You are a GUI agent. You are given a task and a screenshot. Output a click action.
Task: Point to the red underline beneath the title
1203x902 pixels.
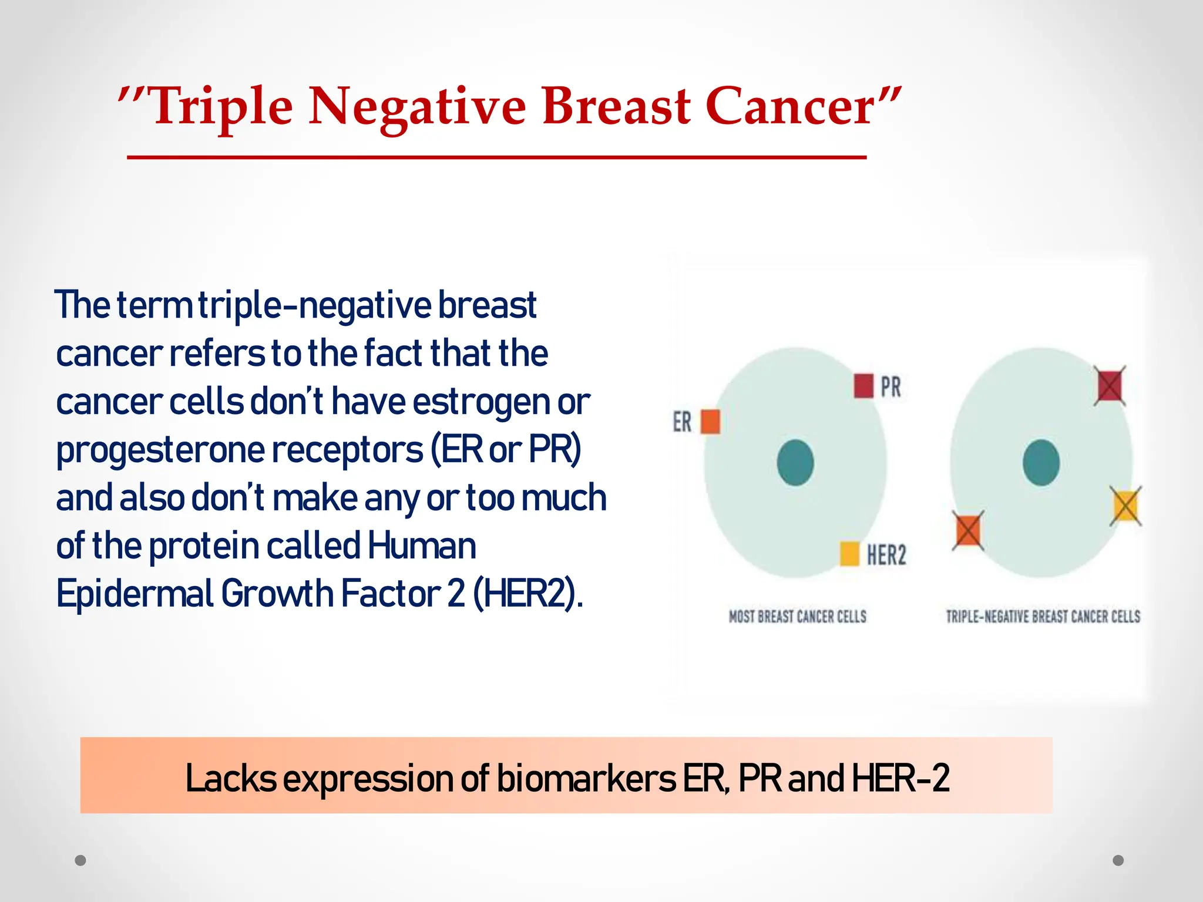pos(496,157)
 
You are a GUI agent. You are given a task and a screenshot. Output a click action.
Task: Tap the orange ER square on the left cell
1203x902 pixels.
pos(710,422)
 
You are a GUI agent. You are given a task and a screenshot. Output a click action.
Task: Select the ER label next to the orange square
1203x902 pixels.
pos(682,422)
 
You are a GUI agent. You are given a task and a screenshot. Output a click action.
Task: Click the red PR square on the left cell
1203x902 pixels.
pos(863,386)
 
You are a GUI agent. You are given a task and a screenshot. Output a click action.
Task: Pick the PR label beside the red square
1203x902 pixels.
pos(891,387)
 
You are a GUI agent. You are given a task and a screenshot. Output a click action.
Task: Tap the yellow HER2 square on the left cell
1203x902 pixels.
pos(850,554)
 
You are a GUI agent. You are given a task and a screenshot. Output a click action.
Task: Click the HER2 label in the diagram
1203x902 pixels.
pos(886,555)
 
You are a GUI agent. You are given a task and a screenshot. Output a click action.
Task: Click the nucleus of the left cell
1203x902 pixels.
pos(795,463)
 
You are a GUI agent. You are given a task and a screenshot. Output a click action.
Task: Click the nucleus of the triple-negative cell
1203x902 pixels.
pos(1041,463)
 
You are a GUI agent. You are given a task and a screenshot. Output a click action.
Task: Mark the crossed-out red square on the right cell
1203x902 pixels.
pos(1110,386)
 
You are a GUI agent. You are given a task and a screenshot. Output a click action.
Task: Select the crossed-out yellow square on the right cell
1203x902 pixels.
pos(1125,506)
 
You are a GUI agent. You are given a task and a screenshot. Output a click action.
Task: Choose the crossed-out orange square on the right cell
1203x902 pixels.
pos(967,530)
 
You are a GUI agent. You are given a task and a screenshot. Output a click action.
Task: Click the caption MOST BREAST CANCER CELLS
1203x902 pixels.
pos(797,617)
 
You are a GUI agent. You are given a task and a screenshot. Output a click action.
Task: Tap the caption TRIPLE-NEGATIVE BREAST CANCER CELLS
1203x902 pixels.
pos(1043,617)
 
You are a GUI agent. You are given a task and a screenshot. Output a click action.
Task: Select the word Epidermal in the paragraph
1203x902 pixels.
pos(135,594)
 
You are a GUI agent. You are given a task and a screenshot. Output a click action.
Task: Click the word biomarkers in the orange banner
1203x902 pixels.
pos(586,779)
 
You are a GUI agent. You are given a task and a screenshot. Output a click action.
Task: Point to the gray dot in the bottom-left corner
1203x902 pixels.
pos(80,860)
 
